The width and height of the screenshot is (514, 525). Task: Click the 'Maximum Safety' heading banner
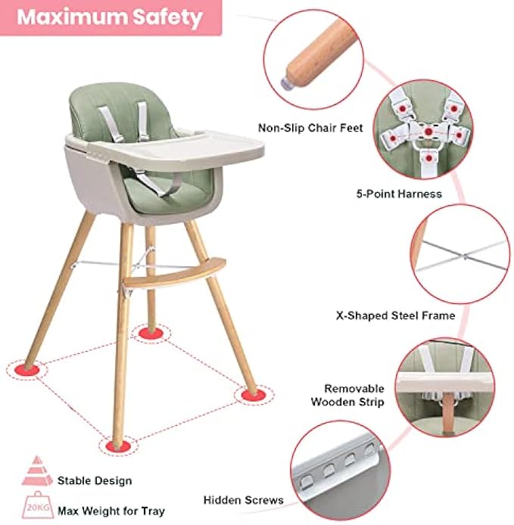(111, 17)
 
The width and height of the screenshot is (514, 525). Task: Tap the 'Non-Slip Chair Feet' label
(310, 128)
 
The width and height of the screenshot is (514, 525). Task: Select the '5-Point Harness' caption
(399, 194)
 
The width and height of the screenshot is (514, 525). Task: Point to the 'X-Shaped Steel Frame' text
(395, 315)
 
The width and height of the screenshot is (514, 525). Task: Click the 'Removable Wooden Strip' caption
(347, 395)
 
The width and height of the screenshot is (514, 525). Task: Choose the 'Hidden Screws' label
(243, 500)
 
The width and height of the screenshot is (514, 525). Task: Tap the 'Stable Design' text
(95, 481)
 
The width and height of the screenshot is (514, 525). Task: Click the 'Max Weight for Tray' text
(111, 511)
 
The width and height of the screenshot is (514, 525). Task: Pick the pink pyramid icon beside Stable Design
(37, 471)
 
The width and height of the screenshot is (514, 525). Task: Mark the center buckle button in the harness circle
(428, 132)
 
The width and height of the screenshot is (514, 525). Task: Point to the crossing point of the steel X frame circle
(464, 256)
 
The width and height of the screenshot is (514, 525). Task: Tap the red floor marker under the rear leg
(151, 333)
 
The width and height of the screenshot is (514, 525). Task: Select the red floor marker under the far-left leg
(26, 370)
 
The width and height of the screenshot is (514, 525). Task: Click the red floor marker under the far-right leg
(254, 395)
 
